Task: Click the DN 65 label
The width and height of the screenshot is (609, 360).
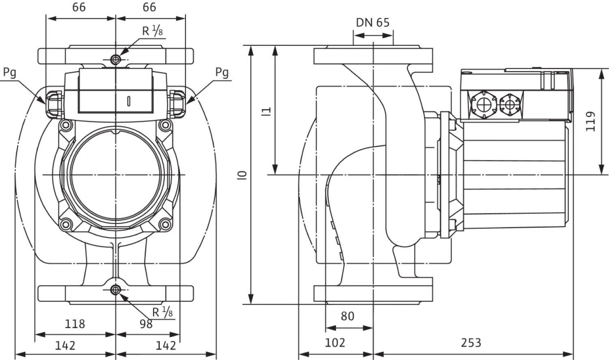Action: [x=372, y=23]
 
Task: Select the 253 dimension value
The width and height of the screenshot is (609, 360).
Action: [x=471, y=343]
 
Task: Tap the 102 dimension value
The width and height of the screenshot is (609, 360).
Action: [x=335, y=343]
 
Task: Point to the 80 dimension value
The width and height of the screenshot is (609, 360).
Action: [x=347, y=316]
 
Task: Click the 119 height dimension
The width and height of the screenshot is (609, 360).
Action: [x=591, y=121]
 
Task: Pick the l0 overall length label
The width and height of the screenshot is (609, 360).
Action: [x=242, y=175]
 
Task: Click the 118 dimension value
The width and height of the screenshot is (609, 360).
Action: [x=75, y=324]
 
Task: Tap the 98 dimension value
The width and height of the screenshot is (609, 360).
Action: [x=146, y=324]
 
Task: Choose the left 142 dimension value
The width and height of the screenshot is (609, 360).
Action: [x=65, y=345]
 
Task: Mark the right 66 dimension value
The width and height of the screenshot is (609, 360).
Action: [x=149, y=7]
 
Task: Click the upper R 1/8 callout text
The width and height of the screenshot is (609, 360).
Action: [x=153, y=30]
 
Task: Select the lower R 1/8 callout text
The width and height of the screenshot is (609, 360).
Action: [x=162, y=313]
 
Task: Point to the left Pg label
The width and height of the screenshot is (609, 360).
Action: [x=10, y=73]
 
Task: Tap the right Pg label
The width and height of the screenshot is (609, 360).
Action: [x=222, y=73]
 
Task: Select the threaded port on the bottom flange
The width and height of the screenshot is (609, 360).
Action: [x=116, y=290]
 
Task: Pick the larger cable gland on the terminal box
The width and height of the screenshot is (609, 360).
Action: [x=484, y=105]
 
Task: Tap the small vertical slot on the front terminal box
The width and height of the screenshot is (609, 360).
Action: [x=129, y=101]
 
